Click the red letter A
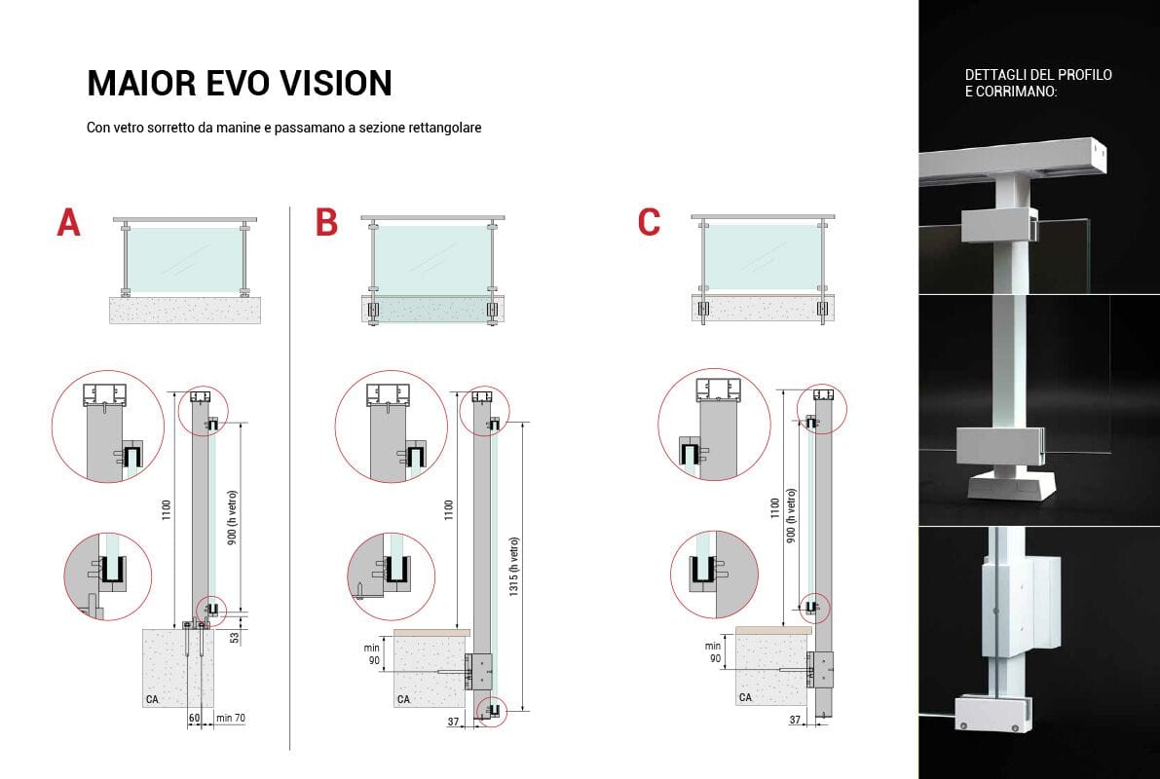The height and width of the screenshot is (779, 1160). click(69, 222)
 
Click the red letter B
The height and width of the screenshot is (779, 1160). click(326, 222)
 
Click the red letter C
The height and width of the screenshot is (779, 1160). click(649, 222)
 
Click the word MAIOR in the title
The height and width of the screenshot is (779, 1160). click(140, 83)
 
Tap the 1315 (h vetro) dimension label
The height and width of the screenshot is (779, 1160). click(514, 567)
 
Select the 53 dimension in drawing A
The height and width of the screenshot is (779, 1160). click(235, 636)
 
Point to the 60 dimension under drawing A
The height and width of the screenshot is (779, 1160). click(194, 718)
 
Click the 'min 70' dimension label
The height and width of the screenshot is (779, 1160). click(230, 718)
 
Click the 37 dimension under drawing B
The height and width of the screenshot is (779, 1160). click(454, 722)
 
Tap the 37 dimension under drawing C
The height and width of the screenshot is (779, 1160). click(795, 719)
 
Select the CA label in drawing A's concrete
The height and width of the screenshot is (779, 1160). click(152, 699)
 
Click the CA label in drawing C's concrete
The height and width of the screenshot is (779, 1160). click(745, 697)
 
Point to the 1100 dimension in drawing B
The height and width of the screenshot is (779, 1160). click(448, 509)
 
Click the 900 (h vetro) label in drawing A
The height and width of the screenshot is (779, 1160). click(232, 517)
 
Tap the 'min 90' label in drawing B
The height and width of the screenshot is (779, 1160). click(373, 654)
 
